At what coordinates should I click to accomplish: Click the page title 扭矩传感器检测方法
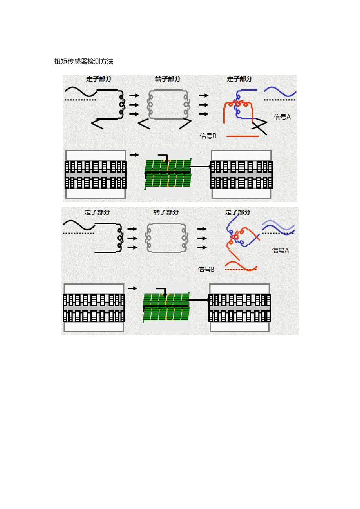point(83,61)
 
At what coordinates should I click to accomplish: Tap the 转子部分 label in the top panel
point(168,79)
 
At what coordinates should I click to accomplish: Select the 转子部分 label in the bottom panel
point(166,213)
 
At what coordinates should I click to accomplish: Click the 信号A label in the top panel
point(282,117)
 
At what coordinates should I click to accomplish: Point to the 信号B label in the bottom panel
point(206,269)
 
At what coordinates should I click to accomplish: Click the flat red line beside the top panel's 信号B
point(242,136)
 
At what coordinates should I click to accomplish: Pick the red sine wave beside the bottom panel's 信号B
point(241,266)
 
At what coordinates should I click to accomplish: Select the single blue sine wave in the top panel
point(280,91)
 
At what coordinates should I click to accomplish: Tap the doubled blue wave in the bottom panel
point(278,227)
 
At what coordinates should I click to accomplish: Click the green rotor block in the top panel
point(168,174)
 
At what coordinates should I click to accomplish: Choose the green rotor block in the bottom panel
point(166,307)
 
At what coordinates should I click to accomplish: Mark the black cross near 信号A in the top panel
point(259,127)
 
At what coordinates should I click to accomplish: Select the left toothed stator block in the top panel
point(95,175)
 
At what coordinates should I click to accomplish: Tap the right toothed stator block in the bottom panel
point(240,308)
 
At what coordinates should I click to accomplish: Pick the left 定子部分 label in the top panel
point(99,79)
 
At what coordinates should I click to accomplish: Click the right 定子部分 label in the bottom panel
point(237,213)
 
